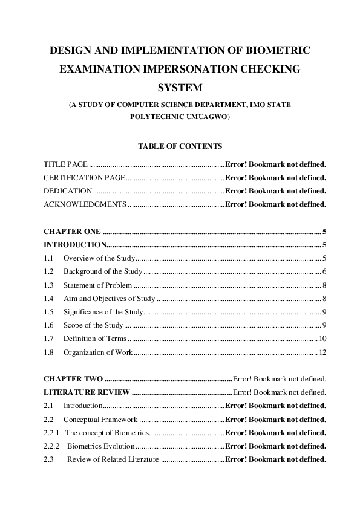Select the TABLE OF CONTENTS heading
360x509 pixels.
point(180,146)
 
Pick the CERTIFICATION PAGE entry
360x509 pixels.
point(84,178)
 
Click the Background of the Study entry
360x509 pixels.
point(103,272)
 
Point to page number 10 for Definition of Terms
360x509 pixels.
point(322,339)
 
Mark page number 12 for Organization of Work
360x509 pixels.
point(322,352)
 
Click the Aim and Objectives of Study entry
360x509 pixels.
point(109,299)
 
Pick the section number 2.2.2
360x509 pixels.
point(52,446)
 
